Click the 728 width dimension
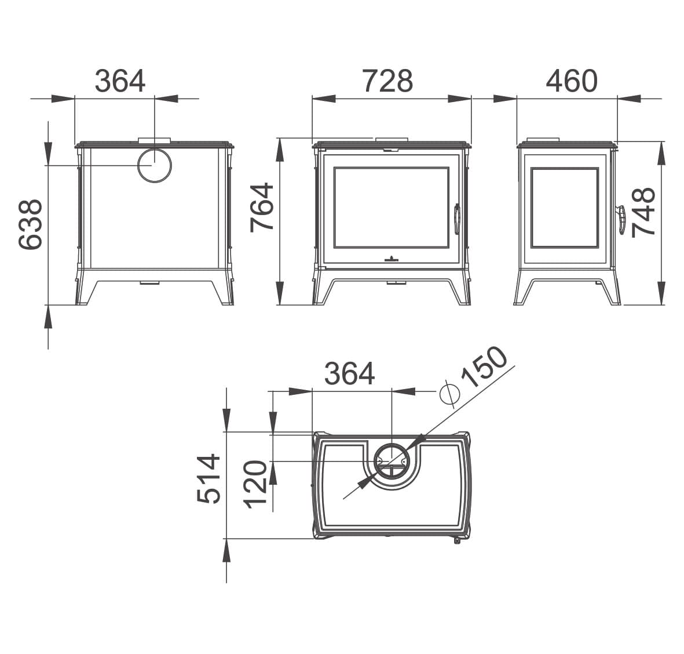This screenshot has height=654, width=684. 388,81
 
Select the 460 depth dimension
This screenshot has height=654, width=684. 572,81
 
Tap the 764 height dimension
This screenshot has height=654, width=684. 262,207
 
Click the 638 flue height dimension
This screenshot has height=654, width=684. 30,224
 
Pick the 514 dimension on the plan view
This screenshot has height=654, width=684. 209,479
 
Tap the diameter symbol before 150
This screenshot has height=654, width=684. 450,395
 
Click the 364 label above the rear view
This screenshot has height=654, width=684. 120,81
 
